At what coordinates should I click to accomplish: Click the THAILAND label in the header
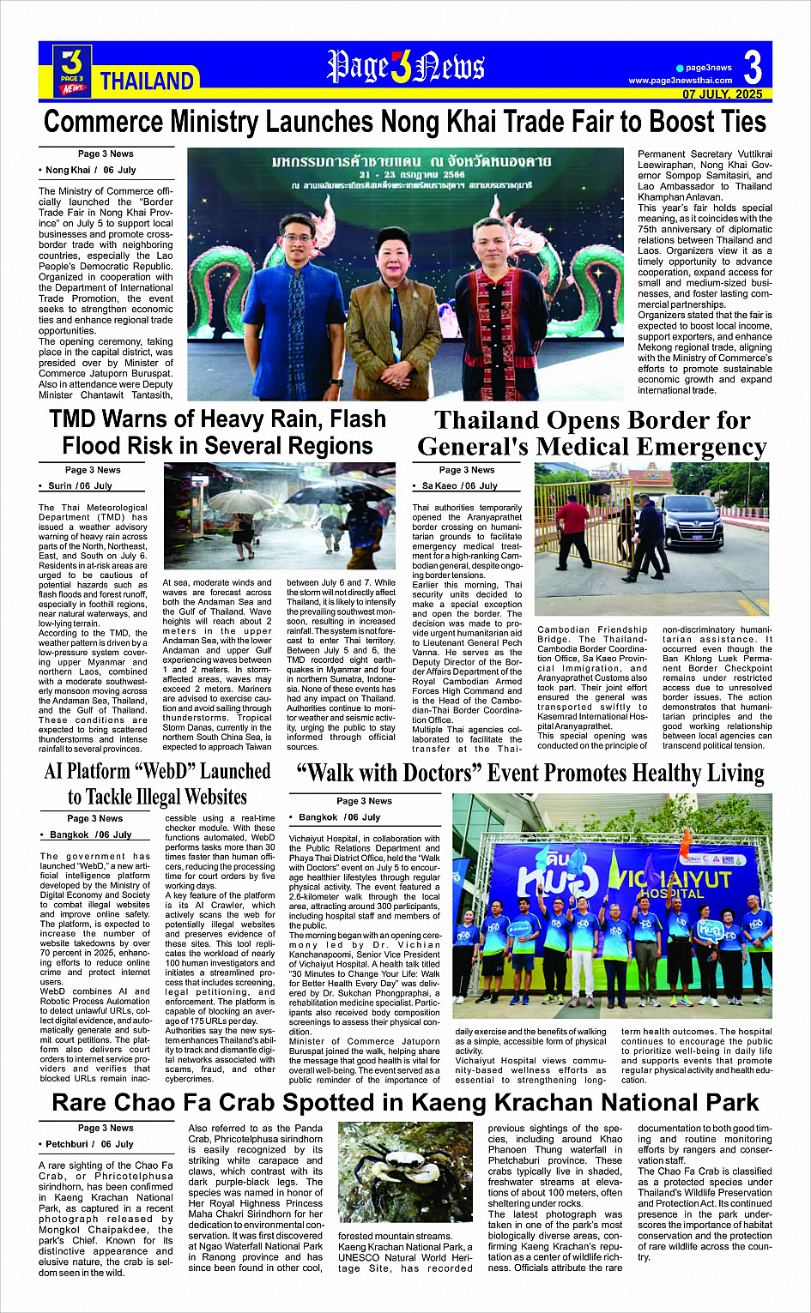click(x=148, y=81)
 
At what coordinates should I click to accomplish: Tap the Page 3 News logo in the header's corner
click(x=71, y=70)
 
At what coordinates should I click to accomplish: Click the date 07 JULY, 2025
click(x=722, y=93)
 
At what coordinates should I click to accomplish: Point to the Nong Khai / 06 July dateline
click(x=90, y=170)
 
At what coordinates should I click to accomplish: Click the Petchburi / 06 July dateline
click(x=89, y=1144)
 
